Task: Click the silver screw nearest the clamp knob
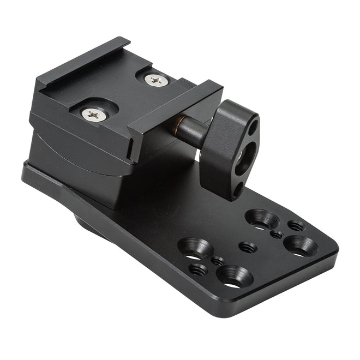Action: [157, 80]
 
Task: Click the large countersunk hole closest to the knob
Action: [262, 219]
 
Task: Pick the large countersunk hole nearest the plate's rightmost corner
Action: [301, 245]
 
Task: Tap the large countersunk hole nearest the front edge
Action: [235, 276]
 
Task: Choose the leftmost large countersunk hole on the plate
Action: [195, 248]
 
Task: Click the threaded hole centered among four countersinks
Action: [248, 247]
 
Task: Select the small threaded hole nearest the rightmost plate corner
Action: [296, 225]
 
